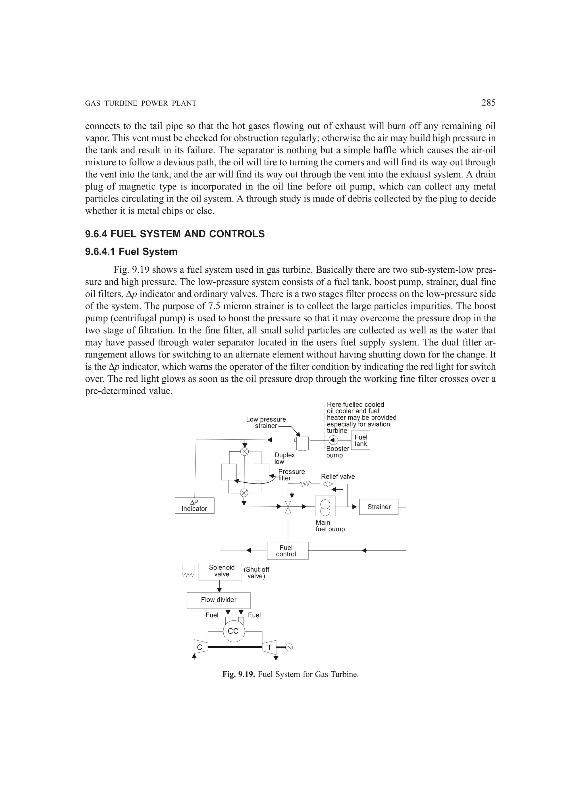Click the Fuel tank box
click(361, 440)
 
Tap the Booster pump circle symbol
click(333, 440)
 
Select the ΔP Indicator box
click(195, 506)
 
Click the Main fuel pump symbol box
click(325, 506)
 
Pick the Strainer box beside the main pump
click(379, 507)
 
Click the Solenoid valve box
click(220, 571)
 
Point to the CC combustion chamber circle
click(233, 631)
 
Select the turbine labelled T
click(269, 647)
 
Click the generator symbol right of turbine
click(289, 647)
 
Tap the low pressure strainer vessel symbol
click(302, 443)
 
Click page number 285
click(489, 103)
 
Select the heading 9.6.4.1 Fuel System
click(131, 252)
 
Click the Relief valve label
click(338, 477)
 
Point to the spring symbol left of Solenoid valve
click(188, 570)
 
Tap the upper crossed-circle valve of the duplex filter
click(244, 452)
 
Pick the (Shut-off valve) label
click(256, 573)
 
